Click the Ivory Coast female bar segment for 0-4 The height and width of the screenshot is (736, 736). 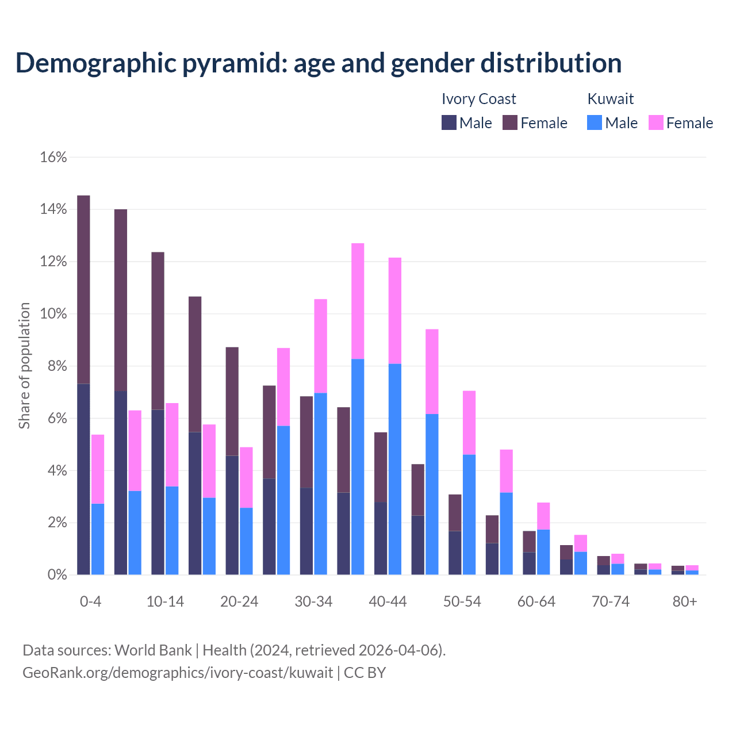(83, 289)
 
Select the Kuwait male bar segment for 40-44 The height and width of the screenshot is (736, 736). (395, 469)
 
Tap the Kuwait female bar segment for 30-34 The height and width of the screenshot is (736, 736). (321, 346)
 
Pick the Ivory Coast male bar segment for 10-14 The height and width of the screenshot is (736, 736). (158, 492)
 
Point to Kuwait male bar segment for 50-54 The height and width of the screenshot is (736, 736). (469, 515)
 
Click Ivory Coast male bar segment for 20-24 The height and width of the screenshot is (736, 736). (232, 515)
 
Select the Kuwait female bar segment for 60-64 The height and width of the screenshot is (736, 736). (543, 516)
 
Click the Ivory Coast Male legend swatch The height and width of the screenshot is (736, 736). (449, 122)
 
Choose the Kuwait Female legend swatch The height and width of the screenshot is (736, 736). (656, 122)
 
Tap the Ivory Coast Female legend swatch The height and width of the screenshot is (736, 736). (510, 122)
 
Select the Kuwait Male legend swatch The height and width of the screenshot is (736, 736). (595, 122)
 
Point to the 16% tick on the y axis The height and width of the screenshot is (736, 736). (53, 157)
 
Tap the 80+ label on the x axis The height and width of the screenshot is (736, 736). (685, 601)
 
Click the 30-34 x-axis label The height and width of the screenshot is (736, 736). (313, 601)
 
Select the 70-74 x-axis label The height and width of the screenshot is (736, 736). (611, 601)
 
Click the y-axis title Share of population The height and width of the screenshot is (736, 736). (24, 366)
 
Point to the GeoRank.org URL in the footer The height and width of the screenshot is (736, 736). (178, 672)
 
